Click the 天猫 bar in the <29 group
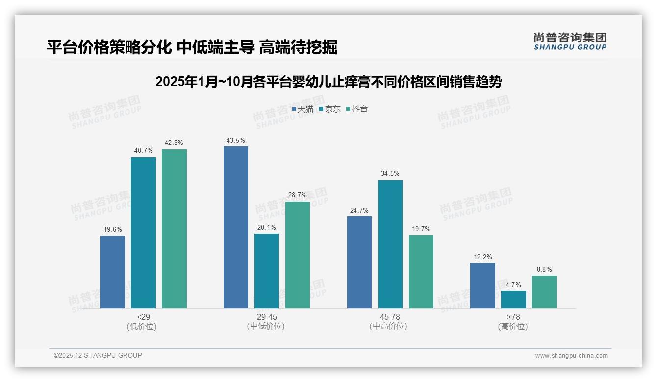[x=112, y=272]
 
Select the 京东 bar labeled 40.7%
[x=143, y=233]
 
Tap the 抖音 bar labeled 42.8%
[x=174, y=229]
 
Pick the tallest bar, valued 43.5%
[x=236, y=227]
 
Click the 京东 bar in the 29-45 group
[x=267, y=271]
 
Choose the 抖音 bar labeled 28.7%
[x=298, y=255]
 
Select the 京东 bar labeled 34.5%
[x=390, y=244]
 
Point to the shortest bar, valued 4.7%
[x=513, y=299]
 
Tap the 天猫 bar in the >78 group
[x=482, y=286]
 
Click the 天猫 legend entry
[x=303, y=109]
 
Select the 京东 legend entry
[x=330, y=109]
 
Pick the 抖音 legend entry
[x=357, y=109]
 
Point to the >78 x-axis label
[x=513, y=317]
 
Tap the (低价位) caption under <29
[x=142, y=327]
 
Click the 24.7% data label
[x=359, y=211]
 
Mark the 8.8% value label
[x=544, y=270]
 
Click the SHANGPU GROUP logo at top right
[x=570, y=42]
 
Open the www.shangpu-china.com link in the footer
[x=571, y=356]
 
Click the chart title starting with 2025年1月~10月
[x=328, y=82]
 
